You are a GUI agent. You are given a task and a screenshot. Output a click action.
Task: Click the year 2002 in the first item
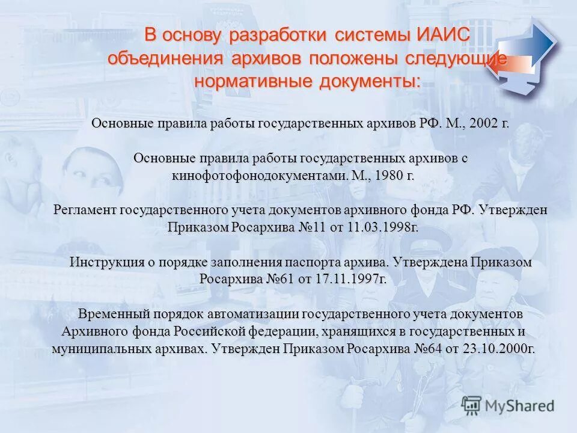tap(484, 124)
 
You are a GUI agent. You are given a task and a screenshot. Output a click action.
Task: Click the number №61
tap(279, 280)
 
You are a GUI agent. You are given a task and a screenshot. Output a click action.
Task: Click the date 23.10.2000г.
tap(499, 349)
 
